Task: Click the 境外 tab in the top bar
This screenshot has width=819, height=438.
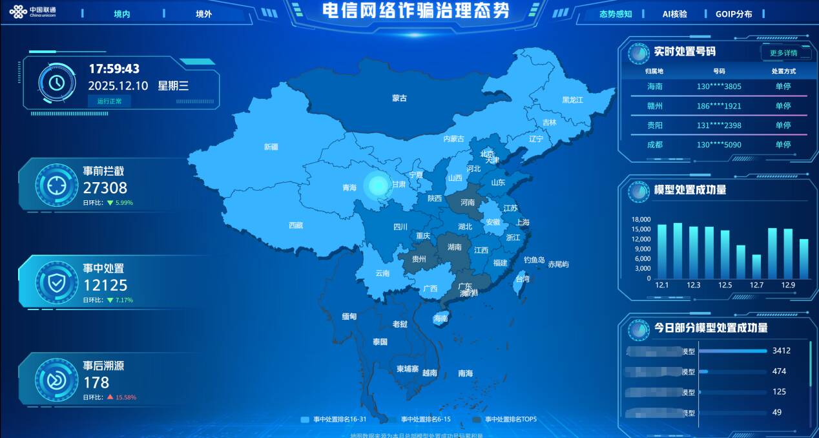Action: click(203, 14)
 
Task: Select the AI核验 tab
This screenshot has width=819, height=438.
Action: click(675, 14)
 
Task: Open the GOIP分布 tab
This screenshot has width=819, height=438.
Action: click(734, 14)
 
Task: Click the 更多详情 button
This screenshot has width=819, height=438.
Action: click(783, 53)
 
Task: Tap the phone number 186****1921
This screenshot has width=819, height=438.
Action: click(719, 106)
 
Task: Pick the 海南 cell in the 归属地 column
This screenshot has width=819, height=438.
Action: click(655, 87)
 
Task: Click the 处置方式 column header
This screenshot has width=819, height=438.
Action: click(783, 71)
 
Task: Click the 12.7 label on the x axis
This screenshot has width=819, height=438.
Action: click(756, 285)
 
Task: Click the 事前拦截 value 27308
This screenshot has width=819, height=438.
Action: click(105, 188)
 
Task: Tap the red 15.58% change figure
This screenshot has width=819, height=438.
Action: click(126, 397)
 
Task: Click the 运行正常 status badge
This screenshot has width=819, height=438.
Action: click(109, 101)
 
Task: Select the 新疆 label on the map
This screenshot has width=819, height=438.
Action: click(271, 147)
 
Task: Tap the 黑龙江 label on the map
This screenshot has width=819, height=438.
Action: click(572, 100)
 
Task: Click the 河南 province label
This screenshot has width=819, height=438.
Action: click(468, 202)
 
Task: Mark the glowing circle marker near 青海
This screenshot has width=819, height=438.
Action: click(377, 185)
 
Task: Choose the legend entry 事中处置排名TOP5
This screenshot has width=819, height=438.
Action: click(510, 419)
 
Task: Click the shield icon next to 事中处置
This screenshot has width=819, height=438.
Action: click(57, 281)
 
